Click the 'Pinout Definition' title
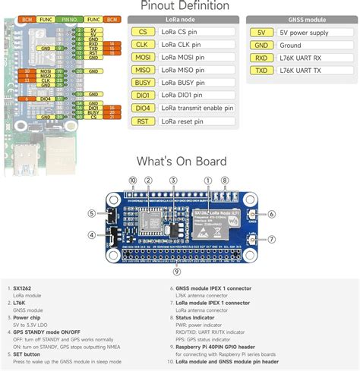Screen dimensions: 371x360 point(180,6)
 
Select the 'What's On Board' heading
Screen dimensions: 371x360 point(180,161)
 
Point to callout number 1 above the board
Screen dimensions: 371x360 point(207,180)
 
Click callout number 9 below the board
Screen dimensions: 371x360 point(177,272)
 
